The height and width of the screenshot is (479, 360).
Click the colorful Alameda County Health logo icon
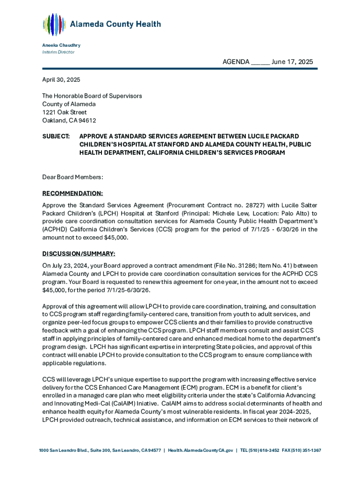coord(53,25)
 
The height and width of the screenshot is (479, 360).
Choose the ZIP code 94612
coord(87,120)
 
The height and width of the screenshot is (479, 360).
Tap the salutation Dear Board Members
coord(72,177)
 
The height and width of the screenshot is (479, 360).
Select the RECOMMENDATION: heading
coord(72,193)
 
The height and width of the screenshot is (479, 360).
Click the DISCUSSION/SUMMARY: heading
coord(79,254)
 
